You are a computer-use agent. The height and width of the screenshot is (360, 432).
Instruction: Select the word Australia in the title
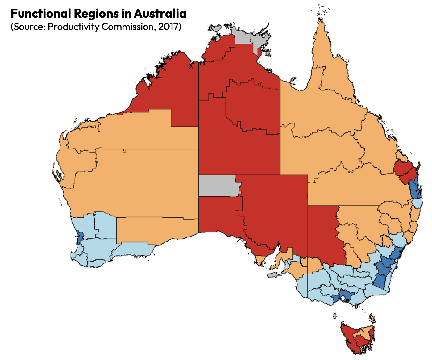tap(160, 14)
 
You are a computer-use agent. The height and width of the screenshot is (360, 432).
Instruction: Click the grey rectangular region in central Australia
tap(218, 186)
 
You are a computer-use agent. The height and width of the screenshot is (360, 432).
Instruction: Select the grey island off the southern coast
tap(272, 275)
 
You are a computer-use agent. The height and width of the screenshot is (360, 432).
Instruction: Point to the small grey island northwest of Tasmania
tap(334, 316)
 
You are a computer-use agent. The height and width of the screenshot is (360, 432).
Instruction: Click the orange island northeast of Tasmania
tap(373, 318)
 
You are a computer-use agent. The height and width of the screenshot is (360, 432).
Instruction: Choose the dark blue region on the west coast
tap(79, 237)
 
